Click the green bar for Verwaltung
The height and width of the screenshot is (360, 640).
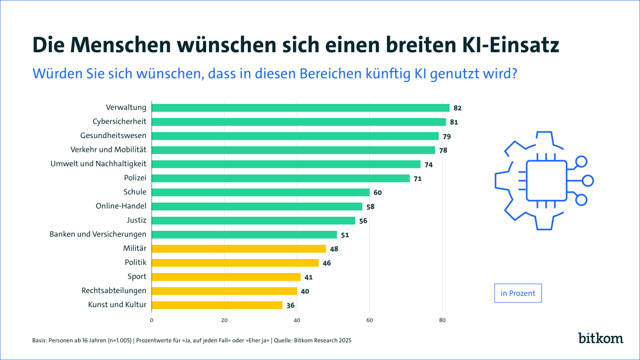click(x=301, y=107)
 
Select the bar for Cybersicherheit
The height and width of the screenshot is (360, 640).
click(x=299, y=122)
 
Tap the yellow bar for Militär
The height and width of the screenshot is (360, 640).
click(x=238, y=248)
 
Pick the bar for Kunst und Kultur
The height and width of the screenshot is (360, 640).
click(x=217, y=305)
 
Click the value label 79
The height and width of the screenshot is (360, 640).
click(x=447, y=136)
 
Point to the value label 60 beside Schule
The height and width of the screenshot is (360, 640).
click(x=378, y=192)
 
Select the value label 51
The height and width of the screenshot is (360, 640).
click(x=345, y=235)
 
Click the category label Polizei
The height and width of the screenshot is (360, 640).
click(x=136, y=178)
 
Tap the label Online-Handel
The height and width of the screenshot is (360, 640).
click(x=121, y=206)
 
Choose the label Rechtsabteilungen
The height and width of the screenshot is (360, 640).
click(x=114, y=291)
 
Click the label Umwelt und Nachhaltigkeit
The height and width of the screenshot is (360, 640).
click(x=99, y=164)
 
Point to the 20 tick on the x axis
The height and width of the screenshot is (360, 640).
click(x=224, y=320)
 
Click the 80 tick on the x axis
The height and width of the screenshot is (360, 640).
click(x=443, y=320)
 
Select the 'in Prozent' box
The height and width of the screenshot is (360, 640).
click(x=517, y=293)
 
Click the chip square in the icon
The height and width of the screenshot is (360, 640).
click(x=546, y=180)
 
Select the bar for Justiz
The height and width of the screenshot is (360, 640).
click(x=254, y=220)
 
